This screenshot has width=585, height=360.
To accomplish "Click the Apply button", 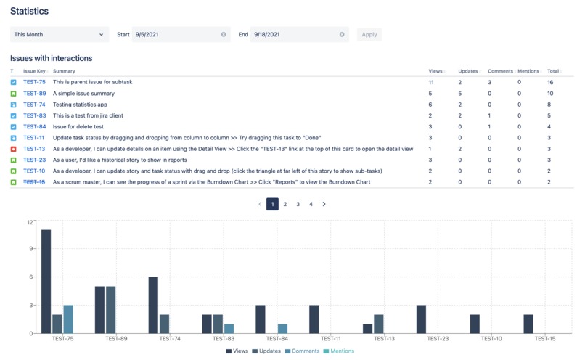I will point(369,34).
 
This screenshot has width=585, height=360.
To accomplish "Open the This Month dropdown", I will point(59,34).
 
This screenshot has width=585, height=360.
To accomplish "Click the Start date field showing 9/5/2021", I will point(174,34).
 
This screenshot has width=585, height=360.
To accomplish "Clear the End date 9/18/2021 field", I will point(342,34).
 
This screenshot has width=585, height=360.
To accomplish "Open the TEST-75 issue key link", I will point(34,82).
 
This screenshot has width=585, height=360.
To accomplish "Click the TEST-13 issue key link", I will point(34,149).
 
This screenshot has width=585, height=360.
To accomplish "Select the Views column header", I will point(435,71).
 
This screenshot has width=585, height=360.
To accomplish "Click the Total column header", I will point(553,71).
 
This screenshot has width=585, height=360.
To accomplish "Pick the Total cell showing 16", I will point(550,82).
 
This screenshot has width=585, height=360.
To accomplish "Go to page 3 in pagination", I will point(298,205).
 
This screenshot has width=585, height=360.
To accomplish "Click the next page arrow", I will point(324,205).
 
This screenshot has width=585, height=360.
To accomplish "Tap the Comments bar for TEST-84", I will point(282,328).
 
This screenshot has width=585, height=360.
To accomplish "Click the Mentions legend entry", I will point(338,351).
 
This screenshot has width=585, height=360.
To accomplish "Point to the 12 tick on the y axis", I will point(30,222).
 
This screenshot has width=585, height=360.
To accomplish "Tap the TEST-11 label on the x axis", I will point(330,339).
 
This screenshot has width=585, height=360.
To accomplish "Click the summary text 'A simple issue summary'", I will point(83,94).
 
